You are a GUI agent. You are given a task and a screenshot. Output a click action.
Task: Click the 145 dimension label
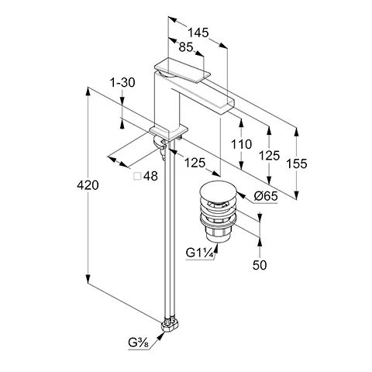[198, 33]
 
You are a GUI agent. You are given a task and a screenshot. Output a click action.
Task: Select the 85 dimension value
[186, 47]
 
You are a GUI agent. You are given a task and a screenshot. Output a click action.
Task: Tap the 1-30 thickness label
[122, 83]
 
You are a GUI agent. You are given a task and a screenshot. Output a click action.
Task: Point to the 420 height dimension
[88, 185]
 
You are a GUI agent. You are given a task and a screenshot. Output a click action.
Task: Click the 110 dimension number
[241, 144]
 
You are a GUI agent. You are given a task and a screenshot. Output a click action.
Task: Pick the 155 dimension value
[297, 164]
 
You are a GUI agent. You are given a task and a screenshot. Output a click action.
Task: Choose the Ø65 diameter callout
[266, 196]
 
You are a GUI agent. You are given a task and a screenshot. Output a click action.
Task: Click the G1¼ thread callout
[200, 253]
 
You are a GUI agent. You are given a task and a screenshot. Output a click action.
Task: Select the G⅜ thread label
[139, 343]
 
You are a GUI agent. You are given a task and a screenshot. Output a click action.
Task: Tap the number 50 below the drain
[260, 265]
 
